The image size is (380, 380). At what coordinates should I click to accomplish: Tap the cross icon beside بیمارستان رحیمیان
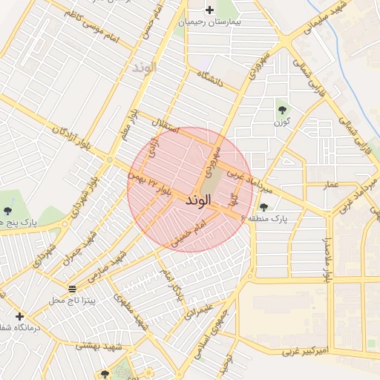(210, 10)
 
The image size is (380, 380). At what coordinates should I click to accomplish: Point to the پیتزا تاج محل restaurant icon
(72, 288)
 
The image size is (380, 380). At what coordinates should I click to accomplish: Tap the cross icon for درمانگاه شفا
(19, 316)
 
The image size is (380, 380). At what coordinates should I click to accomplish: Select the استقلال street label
(165, 126)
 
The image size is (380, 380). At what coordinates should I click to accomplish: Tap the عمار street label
(330, 183)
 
